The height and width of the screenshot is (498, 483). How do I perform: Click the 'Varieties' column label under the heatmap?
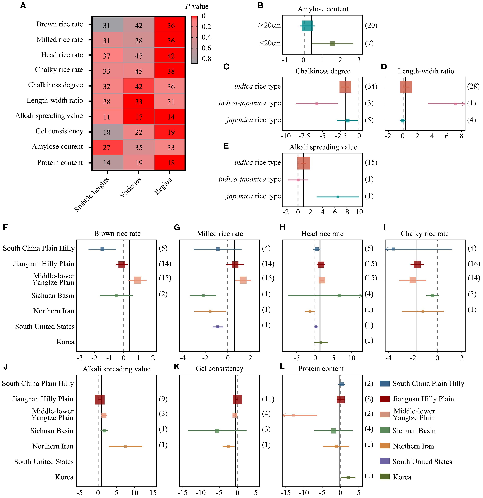coord(130,187)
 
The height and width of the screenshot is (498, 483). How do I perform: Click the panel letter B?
coord(260,6)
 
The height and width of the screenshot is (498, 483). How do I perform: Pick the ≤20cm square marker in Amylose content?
coord(332,44)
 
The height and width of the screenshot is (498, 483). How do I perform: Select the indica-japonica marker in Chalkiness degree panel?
coord(317,104)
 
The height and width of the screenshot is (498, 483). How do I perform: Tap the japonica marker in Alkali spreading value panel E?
coord(337,197)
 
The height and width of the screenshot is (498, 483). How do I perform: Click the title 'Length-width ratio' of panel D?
coord(426,71)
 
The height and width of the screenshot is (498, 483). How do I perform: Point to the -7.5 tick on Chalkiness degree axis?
coord(304,136)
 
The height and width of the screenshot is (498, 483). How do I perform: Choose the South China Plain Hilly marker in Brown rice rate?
coord(102,249)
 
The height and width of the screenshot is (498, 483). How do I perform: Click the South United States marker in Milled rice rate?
coord(218,327)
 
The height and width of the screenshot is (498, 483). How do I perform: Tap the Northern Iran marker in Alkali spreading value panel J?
coord(125,446)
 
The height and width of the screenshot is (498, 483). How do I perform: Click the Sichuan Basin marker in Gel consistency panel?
coord(217,431)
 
